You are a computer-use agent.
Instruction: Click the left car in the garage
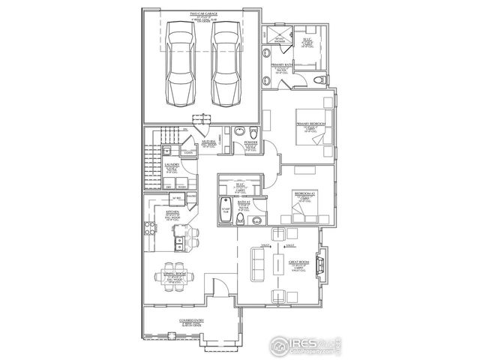click(x=181, y=65)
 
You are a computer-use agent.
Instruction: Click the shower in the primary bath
click(x=282, y=41)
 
